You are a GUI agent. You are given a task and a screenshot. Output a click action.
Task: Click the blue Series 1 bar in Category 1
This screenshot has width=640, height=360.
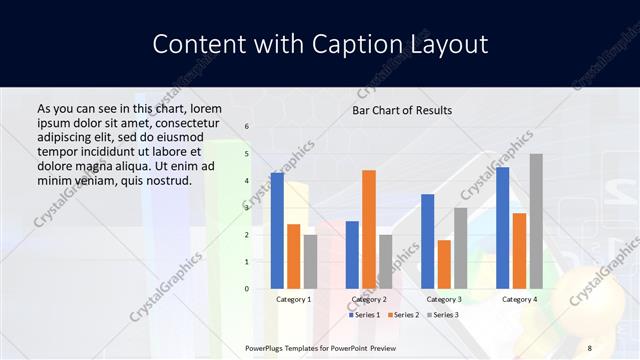277,231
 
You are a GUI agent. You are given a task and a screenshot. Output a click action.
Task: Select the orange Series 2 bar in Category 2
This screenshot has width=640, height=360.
369,230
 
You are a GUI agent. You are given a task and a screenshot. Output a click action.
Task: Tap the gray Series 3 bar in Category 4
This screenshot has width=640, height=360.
536,221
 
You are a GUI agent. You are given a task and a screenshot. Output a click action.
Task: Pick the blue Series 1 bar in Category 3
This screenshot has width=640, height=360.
427,241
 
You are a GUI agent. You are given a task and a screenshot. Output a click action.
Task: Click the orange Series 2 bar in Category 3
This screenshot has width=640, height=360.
444,264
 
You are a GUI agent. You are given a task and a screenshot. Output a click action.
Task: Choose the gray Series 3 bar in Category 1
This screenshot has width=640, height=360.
310,262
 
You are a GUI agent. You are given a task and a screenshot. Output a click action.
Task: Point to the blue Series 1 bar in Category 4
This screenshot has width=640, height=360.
502,228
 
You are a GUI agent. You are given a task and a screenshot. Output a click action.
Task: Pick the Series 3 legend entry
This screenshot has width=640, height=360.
439,315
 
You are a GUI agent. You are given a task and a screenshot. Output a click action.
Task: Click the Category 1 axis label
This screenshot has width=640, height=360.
293,299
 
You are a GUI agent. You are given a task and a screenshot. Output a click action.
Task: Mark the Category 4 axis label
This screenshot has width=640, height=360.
519,299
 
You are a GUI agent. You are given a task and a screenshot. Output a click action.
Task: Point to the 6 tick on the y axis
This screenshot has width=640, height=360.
247,127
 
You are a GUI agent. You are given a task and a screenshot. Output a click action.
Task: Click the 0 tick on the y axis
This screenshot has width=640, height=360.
247,289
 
